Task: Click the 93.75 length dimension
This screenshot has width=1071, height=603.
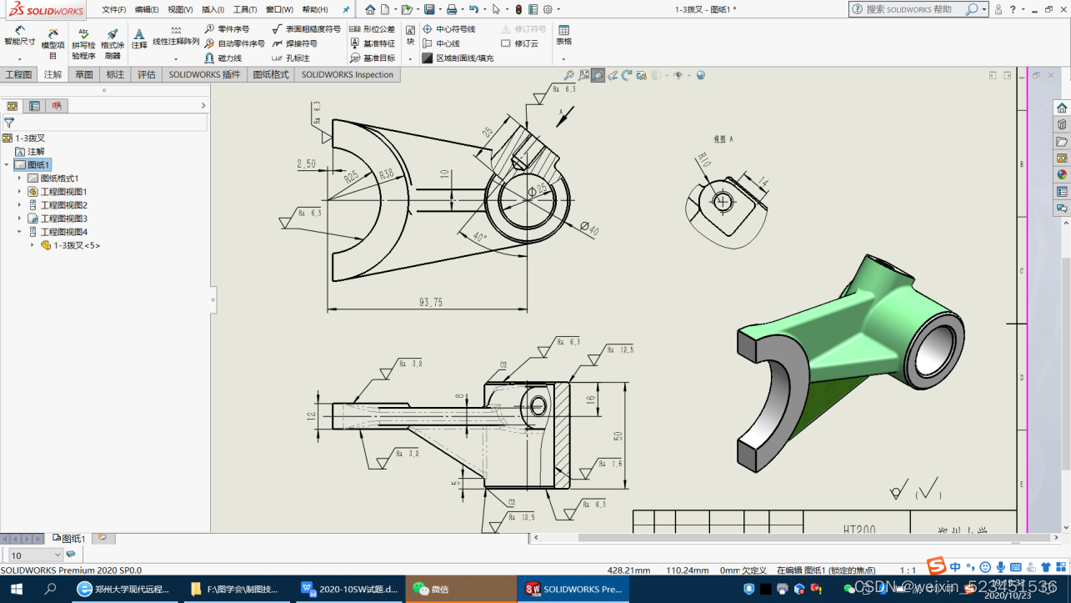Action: coord(431,302)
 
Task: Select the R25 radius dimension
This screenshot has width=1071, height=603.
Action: coord(352,176)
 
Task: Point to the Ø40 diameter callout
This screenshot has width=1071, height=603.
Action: coord(589,228)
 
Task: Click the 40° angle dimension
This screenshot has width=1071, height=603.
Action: coord(478,236)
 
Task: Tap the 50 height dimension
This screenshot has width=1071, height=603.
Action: coord(618,436)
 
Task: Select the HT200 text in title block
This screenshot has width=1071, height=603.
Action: coord(859,530)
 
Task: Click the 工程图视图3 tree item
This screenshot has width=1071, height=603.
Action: coord(63,219)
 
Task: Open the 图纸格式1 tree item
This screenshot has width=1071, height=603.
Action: coord(59,178)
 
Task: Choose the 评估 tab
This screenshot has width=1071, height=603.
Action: coord(147,74)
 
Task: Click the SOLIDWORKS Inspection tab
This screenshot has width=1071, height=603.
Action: coord(347,74)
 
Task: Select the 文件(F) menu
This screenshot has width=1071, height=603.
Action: coord(114,10)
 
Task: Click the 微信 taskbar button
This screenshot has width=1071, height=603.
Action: coord(432,589)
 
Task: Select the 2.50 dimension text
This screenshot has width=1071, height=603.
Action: coord(306,164)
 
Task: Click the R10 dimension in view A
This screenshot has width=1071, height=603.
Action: coord(702,159)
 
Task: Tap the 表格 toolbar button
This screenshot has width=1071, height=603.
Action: coord(564,36)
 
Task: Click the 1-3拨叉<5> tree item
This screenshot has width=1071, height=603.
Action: coord(76,245)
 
